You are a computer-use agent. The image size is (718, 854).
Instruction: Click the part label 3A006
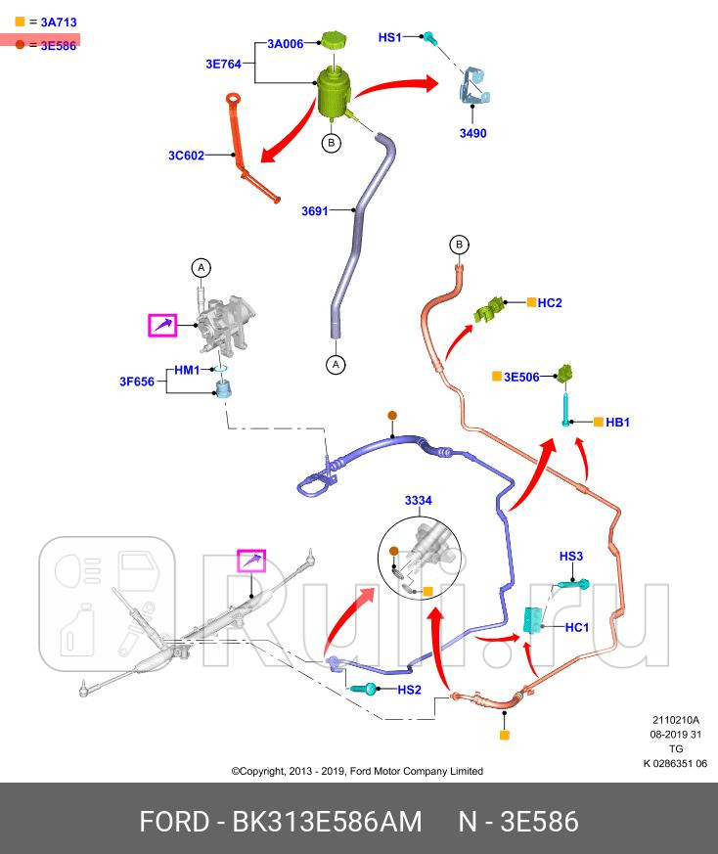(x=286, y=43)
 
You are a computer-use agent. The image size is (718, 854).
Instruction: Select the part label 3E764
(x=224, y=64)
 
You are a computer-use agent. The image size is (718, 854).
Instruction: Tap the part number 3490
(x=473, y=133)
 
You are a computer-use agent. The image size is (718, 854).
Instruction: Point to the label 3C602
(x=186, y=155)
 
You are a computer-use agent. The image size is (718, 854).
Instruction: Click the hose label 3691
(x=315, y=209)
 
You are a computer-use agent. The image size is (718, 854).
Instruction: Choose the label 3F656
(x=137, y=382)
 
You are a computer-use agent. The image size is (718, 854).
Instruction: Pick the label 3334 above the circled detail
(x=419, y=500)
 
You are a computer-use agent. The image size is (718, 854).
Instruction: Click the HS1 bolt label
(x=390, y=37)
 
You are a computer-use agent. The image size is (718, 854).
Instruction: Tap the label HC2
(x=550, y=303)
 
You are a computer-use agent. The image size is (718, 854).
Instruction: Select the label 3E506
(x=521, y=376)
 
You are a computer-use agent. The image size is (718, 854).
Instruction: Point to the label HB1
(x=617, y=422)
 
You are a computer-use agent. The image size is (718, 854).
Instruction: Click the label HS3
(x=571, y=556)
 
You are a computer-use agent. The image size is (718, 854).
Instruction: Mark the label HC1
(x=577, y=627)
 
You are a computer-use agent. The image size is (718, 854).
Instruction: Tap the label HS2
(x=409, y=690)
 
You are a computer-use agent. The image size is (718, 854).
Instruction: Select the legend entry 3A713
(x=58, y=21)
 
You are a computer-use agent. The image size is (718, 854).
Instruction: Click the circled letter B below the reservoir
(x=332, y=143)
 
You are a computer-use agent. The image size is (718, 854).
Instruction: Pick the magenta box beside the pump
(x=162, y=325)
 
